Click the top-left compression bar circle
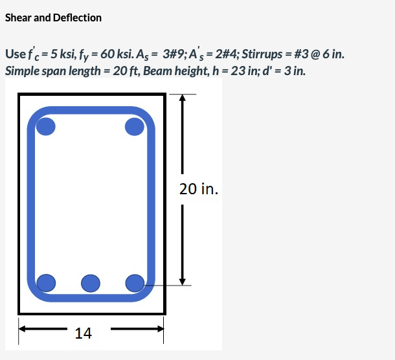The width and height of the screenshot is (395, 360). pos(45,126)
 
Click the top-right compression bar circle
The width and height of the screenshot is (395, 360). pos(135,126)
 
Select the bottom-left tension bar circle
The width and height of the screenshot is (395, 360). pos(46,283)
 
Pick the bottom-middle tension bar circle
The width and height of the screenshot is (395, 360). pos(91,284)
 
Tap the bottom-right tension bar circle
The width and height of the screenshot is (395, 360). pos(135,284)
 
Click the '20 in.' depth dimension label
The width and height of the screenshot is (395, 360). pos(199,189)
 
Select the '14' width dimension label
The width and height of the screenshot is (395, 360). pos(84,333)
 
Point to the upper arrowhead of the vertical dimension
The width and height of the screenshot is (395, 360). pos(183,98)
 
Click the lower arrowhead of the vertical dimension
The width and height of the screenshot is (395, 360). pos(183,282)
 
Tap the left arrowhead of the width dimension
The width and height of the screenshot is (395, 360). pos(22,329)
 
